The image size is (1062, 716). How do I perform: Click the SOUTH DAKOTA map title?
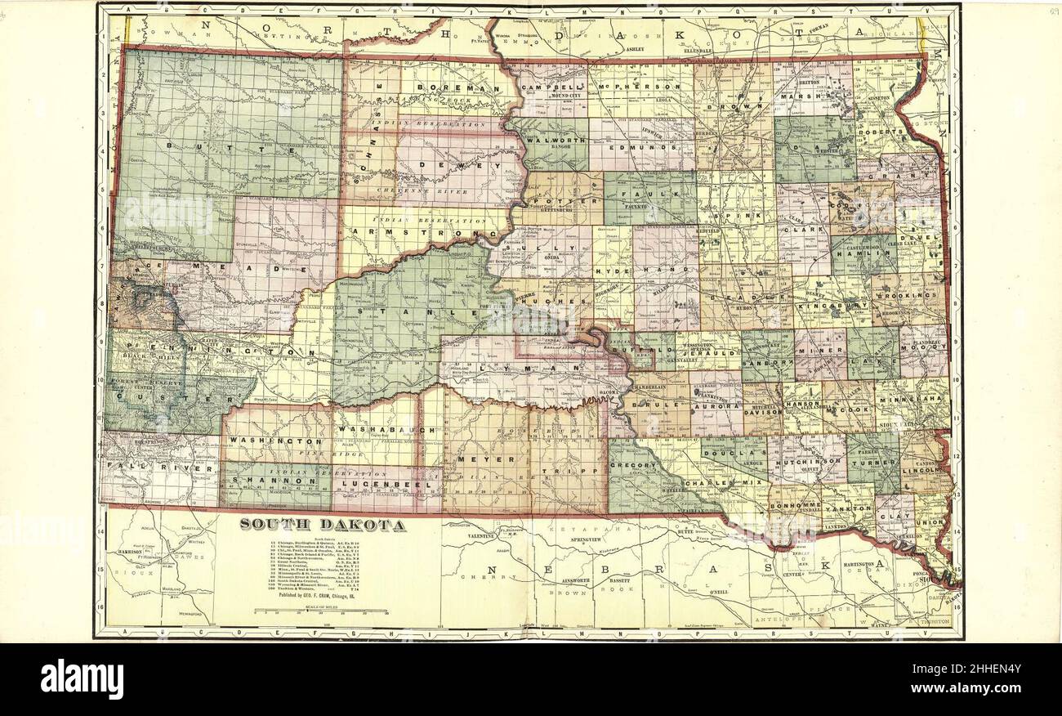point(322,525)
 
